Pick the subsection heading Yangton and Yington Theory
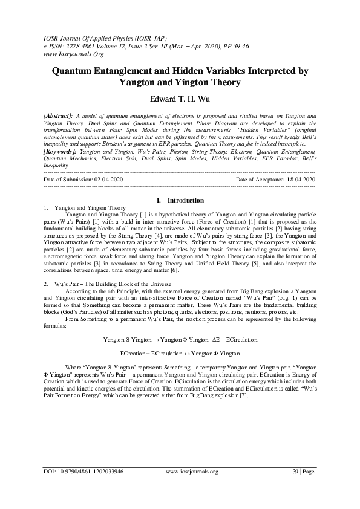coord(90,207)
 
